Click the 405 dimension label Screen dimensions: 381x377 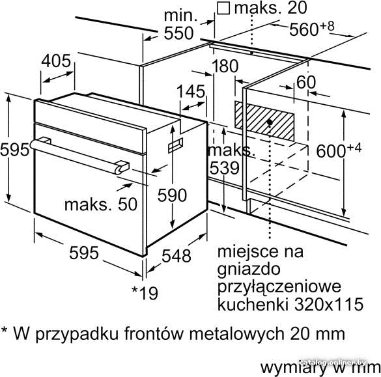(56, 61)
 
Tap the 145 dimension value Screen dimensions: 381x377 (191, 92)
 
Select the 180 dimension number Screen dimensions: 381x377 (225, 66)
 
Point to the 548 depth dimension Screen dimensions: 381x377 (176, 256)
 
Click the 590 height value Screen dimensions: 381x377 (173, 195)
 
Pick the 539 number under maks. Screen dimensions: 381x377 (225, 168)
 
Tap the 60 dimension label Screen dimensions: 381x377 (306, 82)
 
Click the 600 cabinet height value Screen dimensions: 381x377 (331, 151)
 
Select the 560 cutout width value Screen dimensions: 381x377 (303, 30)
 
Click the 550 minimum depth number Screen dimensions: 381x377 (178, 33)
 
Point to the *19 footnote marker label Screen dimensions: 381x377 (145, 293)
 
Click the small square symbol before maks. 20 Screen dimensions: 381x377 (223, 8)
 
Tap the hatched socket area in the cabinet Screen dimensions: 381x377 (264, 121)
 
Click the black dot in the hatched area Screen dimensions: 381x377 (270, 122)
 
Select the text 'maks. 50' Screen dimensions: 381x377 (101, 204)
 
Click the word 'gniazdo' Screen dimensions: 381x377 (249, 270)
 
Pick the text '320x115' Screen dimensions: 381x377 (330, 304)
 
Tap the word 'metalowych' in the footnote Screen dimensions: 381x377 (236, 334)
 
